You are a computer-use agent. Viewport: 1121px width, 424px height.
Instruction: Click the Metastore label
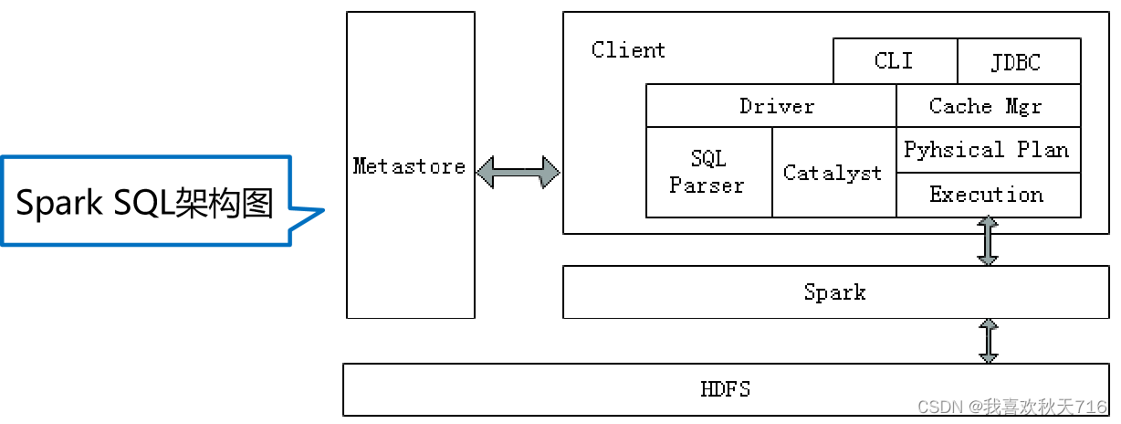pyautogui.click(x=409, y=166)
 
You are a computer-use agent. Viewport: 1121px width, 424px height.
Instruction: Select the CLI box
pyautogui.click(x=894, y=61)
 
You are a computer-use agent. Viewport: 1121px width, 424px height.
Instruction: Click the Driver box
pyautogui.click(x=776, y=106)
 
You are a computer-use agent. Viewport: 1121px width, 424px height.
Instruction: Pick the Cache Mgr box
pyautogui.click(x=986, y=106)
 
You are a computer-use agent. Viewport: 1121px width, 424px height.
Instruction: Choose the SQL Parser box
pyautogui.click(x=707, y=172)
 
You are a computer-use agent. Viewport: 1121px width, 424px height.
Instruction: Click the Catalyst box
pyautogui.click(x=833, y=172)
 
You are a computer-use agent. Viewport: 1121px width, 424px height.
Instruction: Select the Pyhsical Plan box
pyautogui.click(x=986, y=150)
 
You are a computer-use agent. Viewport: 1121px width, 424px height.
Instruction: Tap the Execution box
pyautogui.click(x=986, y=195)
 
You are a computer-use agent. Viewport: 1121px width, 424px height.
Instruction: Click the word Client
pyautogui.click(x=628, y=50)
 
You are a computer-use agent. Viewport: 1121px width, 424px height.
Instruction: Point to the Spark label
pyautogui.click(x=834, y=292)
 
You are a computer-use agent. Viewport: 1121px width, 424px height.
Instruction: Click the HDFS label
pyautogui.click(x=725, y=388)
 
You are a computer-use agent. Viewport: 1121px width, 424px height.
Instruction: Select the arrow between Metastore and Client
pyautogui.click(x=518, y=172)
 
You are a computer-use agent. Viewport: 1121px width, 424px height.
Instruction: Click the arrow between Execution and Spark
pyautogui.click(x=988, y=241)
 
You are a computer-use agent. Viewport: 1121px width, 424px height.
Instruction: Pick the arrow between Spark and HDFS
pyautogui.click(x=988, y=341)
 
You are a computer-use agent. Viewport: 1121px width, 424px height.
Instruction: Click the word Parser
pyautogui.click(x=707, y=185)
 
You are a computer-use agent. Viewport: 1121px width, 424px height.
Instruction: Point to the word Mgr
pyautogui.click(x=1023, y=106)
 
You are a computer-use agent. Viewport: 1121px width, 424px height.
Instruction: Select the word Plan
pyautogui.click(x=1043, y=150)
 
